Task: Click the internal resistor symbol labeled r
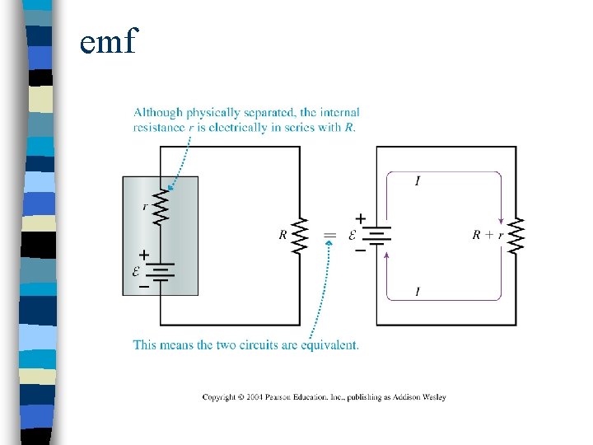(x=161, y=208)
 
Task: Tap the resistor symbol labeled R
(x=301, y=235)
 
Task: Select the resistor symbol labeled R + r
(x=517, y=235)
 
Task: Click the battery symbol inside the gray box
(x=161, y=272)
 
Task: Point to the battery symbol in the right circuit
(x=376, y=236)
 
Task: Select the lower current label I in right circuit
(x=417, y=291)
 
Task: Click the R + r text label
(x=488, y=235)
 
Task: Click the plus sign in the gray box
(x=144, y=255)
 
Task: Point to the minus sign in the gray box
(x=143, y=287)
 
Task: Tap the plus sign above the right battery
(x=360, y=218)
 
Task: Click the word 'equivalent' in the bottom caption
(x=334, y=344)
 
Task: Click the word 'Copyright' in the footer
(x=218, y=397)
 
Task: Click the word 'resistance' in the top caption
(x=156, y=127)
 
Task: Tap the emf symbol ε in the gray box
(x=137, y=272)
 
